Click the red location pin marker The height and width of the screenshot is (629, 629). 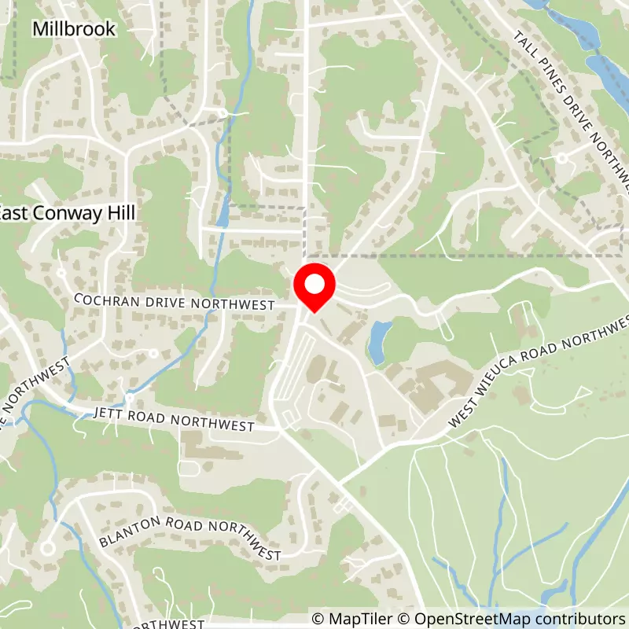[314, 289]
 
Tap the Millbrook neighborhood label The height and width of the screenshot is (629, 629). [74, 29]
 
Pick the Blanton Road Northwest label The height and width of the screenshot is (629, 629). [189, 538]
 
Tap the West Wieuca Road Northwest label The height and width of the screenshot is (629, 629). [542, 372]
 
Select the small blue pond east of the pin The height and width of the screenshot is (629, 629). [378, 342]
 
